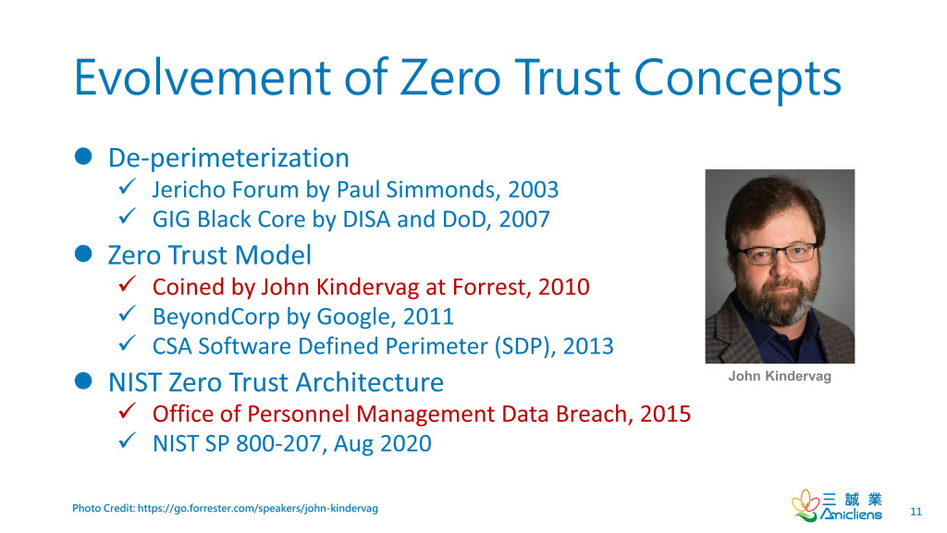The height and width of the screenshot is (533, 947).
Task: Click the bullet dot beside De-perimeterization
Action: (83, 156)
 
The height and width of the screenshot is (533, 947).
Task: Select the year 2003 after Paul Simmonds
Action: (534, 190)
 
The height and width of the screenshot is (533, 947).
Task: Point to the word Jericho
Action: (189, 190)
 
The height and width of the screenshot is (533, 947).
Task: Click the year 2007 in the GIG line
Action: (524, 219)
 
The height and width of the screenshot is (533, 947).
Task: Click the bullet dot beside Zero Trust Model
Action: (83, 254)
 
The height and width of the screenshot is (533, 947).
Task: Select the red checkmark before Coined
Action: (127, 283)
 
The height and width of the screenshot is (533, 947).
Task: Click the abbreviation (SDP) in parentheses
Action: (525, 346)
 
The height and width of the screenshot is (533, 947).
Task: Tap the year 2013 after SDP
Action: (588, 346)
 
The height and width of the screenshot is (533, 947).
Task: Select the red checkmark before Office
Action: (127, 410)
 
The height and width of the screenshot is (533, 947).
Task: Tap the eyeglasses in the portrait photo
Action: (777, 254)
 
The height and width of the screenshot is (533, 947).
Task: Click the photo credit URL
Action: (258, 508)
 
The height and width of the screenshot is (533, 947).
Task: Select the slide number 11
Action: (916, 512)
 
